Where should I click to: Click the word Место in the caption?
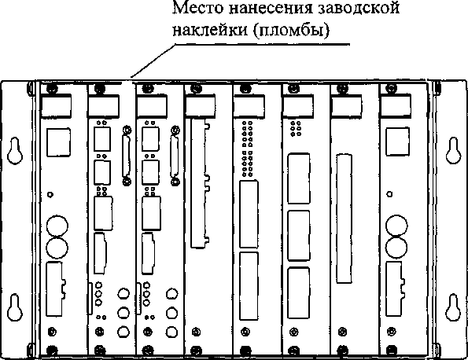click(x=198, y=8)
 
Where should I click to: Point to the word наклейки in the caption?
click(x=210, y=30)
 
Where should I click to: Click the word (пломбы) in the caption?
click(x=292, y=30)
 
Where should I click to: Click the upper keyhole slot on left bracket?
click(x=15, y=151)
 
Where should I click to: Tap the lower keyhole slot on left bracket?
click(x=15, y=307)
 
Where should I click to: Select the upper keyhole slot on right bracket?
click(x=453, y=151)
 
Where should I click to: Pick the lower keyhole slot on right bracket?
click(x=453, y=307)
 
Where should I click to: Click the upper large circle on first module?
click(x=57, y=226)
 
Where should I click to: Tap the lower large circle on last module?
click(x=396, y=248)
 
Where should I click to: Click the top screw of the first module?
click(x=52, y=88)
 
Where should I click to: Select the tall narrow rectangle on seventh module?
click(x=345, y=219)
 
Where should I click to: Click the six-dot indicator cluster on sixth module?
click(x=296, y=129)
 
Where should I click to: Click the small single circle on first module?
click(x=50, y=194)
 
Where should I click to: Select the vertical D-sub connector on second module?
click(x=127, y=156)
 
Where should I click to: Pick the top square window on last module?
click(x=397, y=141)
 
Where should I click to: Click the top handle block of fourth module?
click(x=201, y=105)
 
